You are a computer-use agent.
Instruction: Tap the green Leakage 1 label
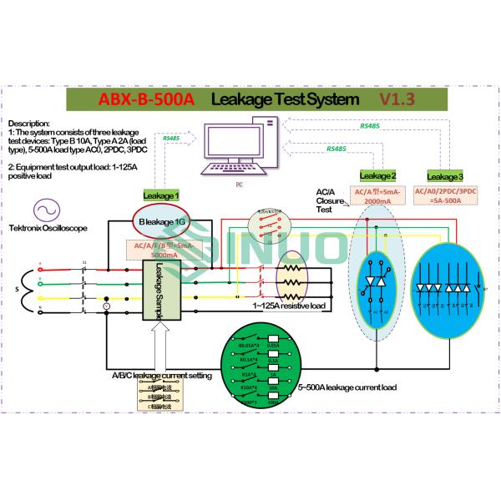[x=162, y=195]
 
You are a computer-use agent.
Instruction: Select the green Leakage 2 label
[x=377, y=175]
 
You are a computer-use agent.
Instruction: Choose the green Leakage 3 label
[x=443, y=176]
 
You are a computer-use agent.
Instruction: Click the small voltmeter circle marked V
[x=130, y=306]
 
